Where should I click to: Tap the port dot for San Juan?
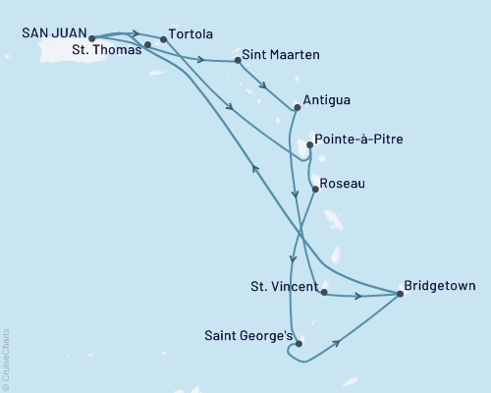(x=92, y=40)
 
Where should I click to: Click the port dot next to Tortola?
(x=163, y=40)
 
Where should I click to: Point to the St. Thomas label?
(x=109, y=51)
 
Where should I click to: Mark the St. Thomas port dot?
(x=147, y=45)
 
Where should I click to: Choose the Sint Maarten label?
(x=280, y=56)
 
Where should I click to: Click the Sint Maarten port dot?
(x=238, y=61)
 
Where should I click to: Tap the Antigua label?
(x=327, y=100)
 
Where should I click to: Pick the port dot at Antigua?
(x=298, y=106)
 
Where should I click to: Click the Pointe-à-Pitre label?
(x=357, y=140)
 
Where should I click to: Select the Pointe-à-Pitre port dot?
(x=309, y=145)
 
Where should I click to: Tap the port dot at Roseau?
(x=313, y=189)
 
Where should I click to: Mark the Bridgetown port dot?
(x=400, y=293)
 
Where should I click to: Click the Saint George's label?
(x=249, y=336)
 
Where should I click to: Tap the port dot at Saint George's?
(x=299, y=344)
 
